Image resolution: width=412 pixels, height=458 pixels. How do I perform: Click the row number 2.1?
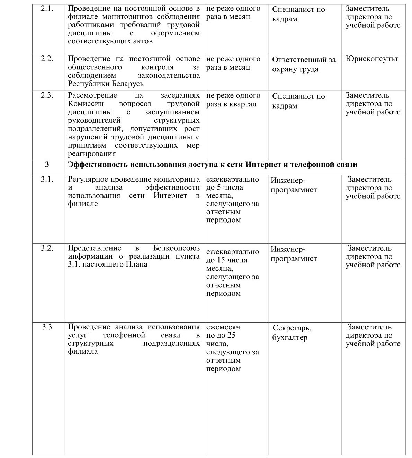click(47, 9)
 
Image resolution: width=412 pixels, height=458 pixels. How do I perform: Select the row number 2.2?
click(47, 59)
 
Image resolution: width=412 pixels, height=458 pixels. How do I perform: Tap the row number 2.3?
click(47, 95)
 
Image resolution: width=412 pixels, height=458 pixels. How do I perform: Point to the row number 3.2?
click(47, 248)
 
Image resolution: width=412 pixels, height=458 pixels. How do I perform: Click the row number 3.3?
click(47, 327)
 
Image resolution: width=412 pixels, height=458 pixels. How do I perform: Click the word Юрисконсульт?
click(372, 59)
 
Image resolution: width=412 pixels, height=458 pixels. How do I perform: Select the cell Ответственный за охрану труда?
click(304, 64)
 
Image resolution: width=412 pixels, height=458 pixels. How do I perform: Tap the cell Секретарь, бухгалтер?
click(292, 332)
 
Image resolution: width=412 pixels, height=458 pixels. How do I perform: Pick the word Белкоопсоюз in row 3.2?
click(177, 248)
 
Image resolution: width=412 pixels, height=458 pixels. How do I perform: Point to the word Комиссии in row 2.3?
click(83, 104)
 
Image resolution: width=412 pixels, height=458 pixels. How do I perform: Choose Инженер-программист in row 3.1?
click(294, 185)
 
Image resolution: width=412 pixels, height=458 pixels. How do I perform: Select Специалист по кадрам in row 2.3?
click(298, 101)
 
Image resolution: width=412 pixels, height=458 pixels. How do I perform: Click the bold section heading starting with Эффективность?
click(213, 165)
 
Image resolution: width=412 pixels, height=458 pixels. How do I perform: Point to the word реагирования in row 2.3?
click(92, 154)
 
